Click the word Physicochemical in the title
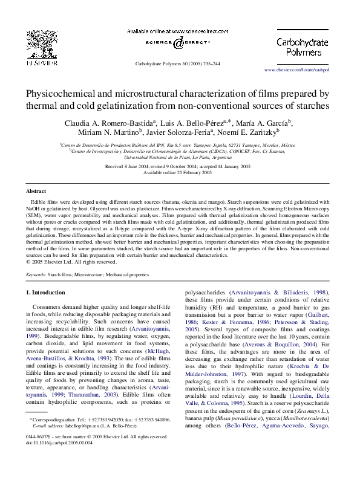tap(65, 94)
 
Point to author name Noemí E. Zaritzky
tap(248, 132)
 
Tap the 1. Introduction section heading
tap(45, 293)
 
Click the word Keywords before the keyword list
tap(36, 274)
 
